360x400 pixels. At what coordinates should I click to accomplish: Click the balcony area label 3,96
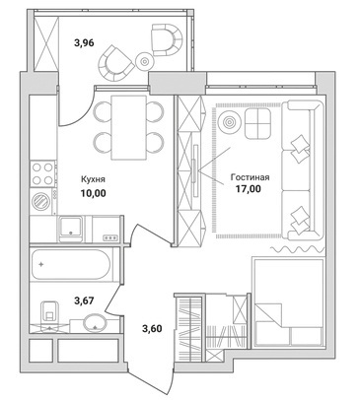(x=85, y=43)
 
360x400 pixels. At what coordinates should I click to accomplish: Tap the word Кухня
(x=93, y=179)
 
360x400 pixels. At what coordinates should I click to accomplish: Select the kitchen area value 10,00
(x=94, y=193)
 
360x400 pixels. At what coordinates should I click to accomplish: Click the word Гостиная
(x=250, y=177)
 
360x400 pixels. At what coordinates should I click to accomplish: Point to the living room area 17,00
(x=249, y=189)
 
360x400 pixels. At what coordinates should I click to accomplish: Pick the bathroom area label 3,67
(x=85, y=300)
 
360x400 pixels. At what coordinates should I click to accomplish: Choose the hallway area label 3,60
(x=152, y=328)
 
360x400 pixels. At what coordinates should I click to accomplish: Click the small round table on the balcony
(x=144, y=61)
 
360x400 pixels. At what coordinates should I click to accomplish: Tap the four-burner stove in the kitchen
(x=43, y=173)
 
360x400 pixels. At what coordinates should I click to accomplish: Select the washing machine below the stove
(x=41, y=201)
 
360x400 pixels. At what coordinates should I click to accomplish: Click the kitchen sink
(x=71, y=228)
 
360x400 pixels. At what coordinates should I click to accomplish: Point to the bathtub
(x=71, y=265)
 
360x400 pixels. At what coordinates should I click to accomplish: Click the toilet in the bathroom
(x=49, y=313)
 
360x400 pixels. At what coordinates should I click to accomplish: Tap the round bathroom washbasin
(x=95, y=323)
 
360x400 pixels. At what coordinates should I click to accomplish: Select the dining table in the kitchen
(x=128, y=127)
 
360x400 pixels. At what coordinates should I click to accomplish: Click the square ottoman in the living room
(x=257, y=124)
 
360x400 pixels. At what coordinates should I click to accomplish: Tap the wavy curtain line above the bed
(x=297, y=249)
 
